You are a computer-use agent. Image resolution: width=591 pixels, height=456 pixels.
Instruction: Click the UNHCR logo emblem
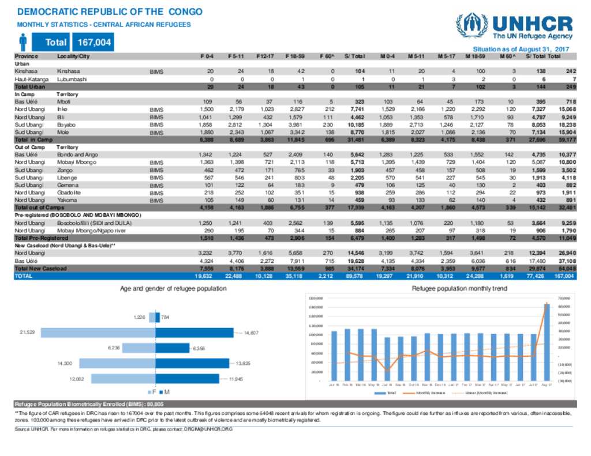tap(472, 25)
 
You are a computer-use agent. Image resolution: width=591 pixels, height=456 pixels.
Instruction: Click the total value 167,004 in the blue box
tap(92, 42)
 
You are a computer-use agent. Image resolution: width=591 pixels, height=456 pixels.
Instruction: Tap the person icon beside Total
tap(23, 42)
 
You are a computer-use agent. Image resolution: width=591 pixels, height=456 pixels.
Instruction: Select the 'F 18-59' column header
tap(295, 56)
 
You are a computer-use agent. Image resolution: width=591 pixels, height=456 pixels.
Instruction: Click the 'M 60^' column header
tap(507, 56)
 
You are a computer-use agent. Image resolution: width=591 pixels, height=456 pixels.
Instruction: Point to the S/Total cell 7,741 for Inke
tap(352, 109)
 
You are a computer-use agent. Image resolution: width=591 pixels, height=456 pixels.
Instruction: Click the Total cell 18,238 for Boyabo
tap(566, 124)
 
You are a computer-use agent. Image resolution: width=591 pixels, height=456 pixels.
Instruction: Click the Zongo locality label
tap(65, 170)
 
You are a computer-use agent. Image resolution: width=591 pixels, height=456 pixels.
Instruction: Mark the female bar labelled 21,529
tap(98, 333)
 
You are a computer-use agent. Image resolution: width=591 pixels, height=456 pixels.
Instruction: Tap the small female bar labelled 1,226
tap(152, 317)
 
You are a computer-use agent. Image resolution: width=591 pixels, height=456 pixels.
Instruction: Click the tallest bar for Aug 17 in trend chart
tap(547, 342)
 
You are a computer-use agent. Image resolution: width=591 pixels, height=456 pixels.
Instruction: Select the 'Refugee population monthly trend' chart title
tap(459, 288)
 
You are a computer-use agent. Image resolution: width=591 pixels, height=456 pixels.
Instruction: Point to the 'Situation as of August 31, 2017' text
tap(521, 50)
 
